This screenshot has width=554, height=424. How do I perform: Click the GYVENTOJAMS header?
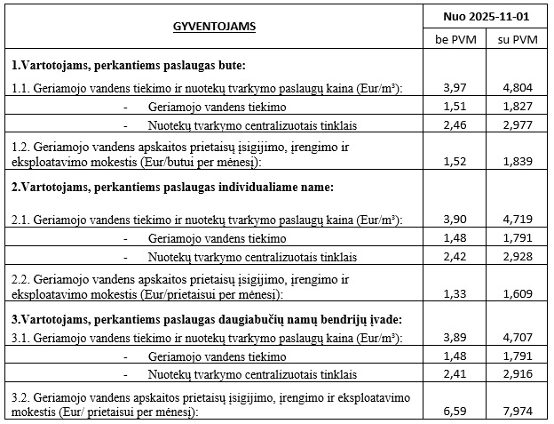pyautogui.click(x=214, y=27)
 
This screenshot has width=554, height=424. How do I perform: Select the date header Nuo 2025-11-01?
pyautogui.click(x=487, y=17)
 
